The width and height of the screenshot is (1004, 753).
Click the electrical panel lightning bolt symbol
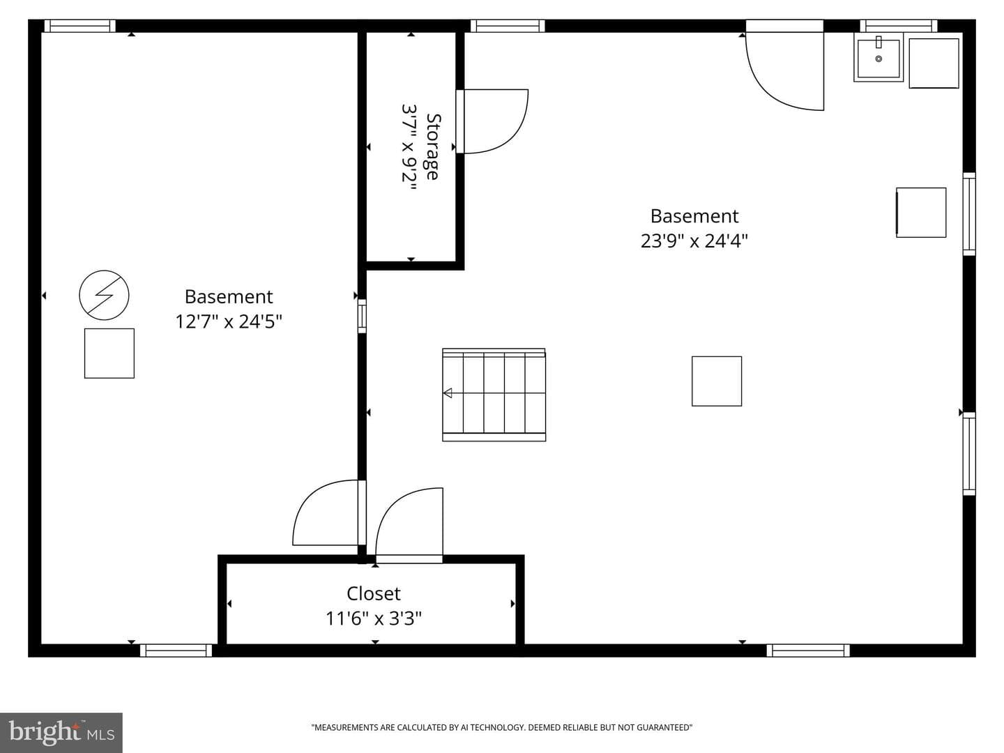point(104,295)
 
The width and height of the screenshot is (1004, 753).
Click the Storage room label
point(433,146)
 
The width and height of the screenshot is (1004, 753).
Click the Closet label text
point(373,594)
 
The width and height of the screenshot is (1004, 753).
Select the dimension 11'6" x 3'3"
point(373,618)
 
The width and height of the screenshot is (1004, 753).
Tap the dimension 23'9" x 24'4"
point(694,241)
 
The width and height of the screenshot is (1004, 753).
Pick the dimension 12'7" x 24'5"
point(229,321)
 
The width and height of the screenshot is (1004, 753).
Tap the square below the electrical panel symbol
point(109,353)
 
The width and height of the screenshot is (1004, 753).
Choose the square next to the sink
point(934,63)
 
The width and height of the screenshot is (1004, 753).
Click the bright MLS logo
point(61,733)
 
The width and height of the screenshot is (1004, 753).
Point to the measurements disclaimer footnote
point(502,727)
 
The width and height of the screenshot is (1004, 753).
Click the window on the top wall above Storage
point(508,26)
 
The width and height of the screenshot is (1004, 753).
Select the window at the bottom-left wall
point(176,650)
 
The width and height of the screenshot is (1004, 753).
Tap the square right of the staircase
point(717,381)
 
